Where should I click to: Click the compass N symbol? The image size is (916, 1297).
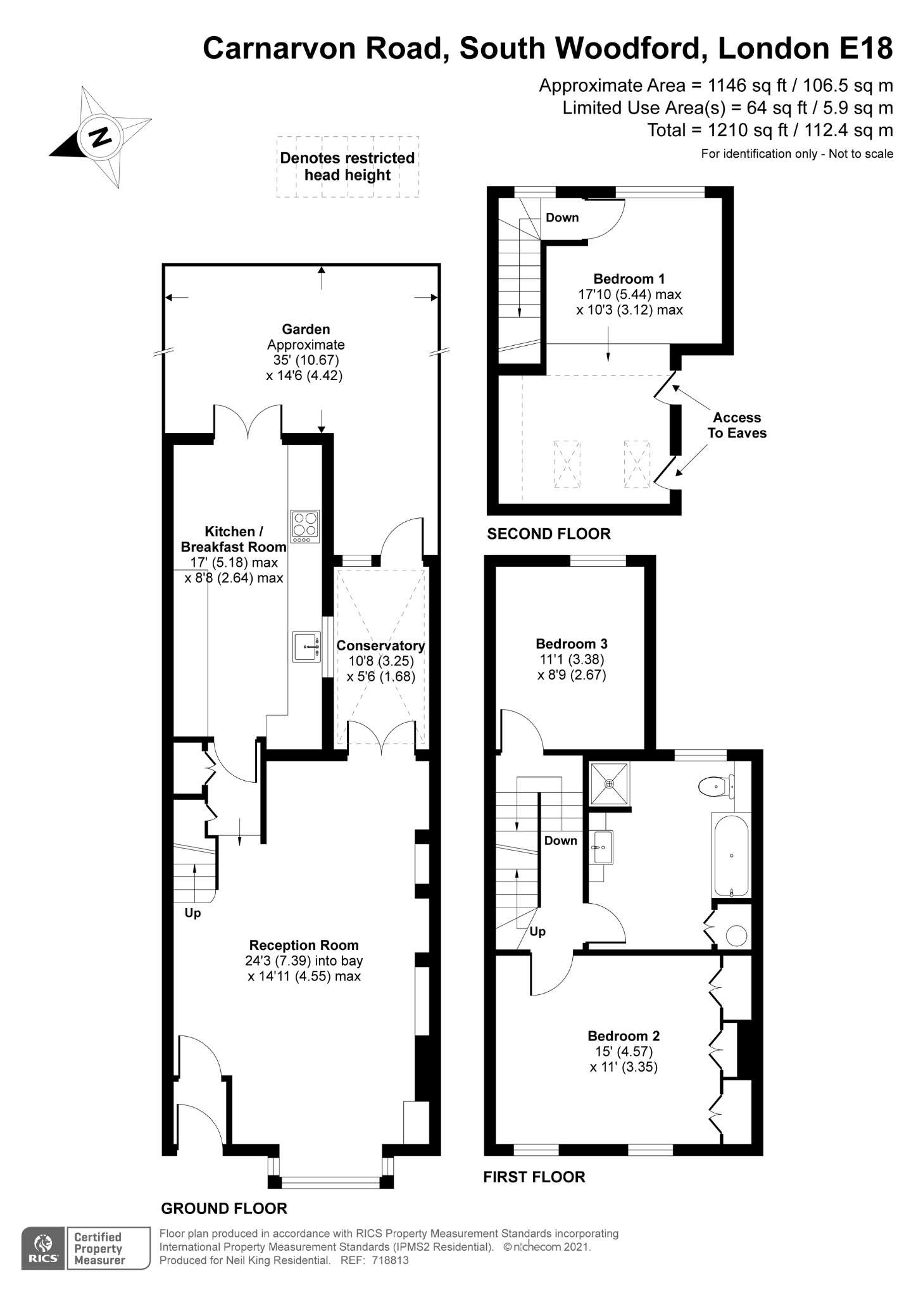(x=99, y=137)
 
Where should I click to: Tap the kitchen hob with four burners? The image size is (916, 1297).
(x=304, y=526)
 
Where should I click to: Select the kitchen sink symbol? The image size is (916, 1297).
(x=306, y=647)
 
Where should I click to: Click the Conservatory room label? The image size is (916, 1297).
(x=380, y=645)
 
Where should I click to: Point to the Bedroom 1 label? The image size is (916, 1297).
(x=629, y=279)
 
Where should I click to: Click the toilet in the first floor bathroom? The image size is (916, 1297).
(x=717, y=787)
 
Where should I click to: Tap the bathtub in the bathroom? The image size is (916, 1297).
(x=731, y=855)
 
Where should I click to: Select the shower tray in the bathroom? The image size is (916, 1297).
(x=610, y=784)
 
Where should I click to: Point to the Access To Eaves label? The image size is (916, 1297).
(x=736, y=426)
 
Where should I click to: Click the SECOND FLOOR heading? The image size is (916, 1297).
(x=548, y=534)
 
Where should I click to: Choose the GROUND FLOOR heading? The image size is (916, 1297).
(x=224, y=1208)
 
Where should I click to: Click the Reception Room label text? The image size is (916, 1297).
(x=304, y=945)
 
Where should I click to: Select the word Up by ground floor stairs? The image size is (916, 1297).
(x=192, y=913)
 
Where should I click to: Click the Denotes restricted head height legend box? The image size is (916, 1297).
(x=348, y=167)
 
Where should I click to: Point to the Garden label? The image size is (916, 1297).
(x=306, y=329)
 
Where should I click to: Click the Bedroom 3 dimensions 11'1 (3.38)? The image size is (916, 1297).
(x=572, y=659)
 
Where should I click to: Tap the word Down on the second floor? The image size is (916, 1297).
(x=562, y=217)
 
